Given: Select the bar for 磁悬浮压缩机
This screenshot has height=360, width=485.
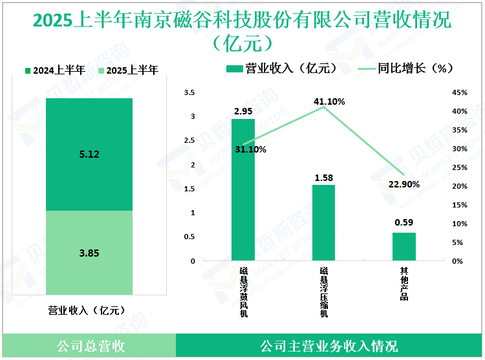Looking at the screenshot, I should [x=323, y=222].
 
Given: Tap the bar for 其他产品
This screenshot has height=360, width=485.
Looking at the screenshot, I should [x=404, y=246].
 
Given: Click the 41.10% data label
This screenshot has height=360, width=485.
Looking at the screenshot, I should [x=329, y=101].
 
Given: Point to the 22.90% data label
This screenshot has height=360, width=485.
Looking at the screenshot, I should [x=404, y=184].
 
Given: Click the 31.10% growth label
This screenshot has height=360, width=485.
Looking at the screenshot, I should [x=250, y=149].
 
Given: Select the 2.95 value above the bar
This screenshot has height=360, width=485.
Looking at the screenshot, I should [x=243, y=112].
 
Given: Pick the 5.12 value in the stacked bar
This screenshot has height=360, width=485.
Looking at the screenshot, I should [x=89, y=154].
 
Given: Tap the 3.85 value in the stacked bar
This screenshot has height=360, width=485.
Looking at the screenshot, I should [x=89, y=253].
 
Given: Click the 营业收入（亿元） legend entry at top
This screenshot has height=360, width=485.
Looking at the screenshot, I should [x=281, y=69].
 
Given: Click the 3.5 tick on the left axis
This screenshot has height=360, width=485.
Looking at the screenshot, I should [x=189, y=93].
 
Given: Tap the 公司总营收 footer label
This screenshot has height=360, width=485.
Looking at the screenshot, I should [x=90, y=346].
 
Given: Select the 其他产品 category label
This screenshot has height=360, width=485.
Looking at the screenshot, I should [x=404, y=285].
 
